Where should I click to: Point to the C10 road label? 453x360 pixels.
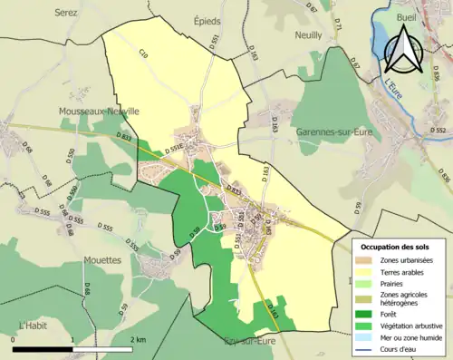(x=144, y=58)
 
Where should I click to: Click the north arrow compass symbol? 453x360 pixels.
(x=405, y=48)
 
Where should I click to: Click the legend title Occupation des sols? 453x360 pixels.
(x=396, y=247)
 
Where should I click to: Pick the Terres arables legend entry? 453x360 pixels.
(x=404, y=271)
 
